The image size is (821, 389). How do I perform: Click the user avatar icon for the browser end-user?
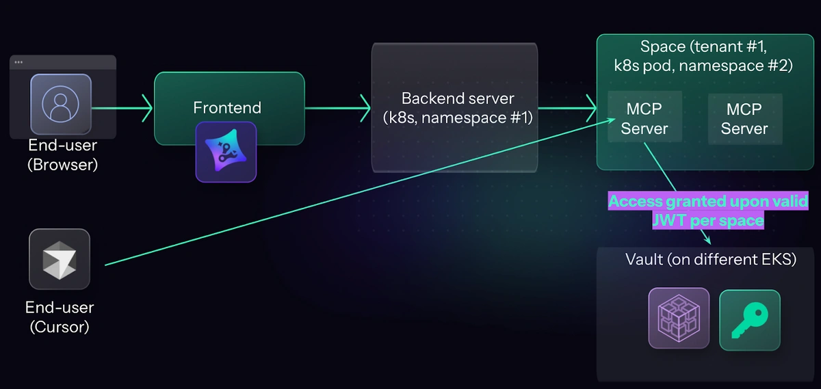tap(61, 103)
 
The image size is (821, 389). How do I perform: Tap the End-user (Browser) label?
tap(63, 155)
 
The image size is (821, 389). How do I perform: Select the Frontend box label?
tap(227, 107)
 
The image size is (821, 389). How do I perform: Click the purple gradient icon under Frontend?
tap(226, 152)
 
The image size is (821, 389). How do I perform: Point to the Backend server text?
tap(458, 107)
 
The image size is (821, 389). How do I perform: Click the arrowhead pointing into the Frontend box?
tap(146, 108)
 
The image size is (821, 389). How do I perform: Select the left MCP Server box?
tap(644, 118)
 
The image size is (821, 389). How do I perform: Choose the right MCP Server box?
tap(744, 118)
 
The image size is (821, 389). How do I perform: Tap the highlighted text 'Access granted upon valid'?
tap(708, 202)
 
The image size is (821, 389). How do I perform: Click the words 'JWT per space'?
tap(708, 220)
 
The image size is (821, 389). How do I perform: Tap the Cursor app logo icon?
tap(60, 259)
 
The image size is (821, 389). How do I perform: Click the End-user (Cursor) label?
tap(60, 317)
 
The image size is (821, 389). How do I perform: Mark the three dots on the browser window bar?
tap(18, 62)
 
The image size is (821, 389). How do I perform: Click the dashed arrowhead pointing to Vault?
tap(707, 240)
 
